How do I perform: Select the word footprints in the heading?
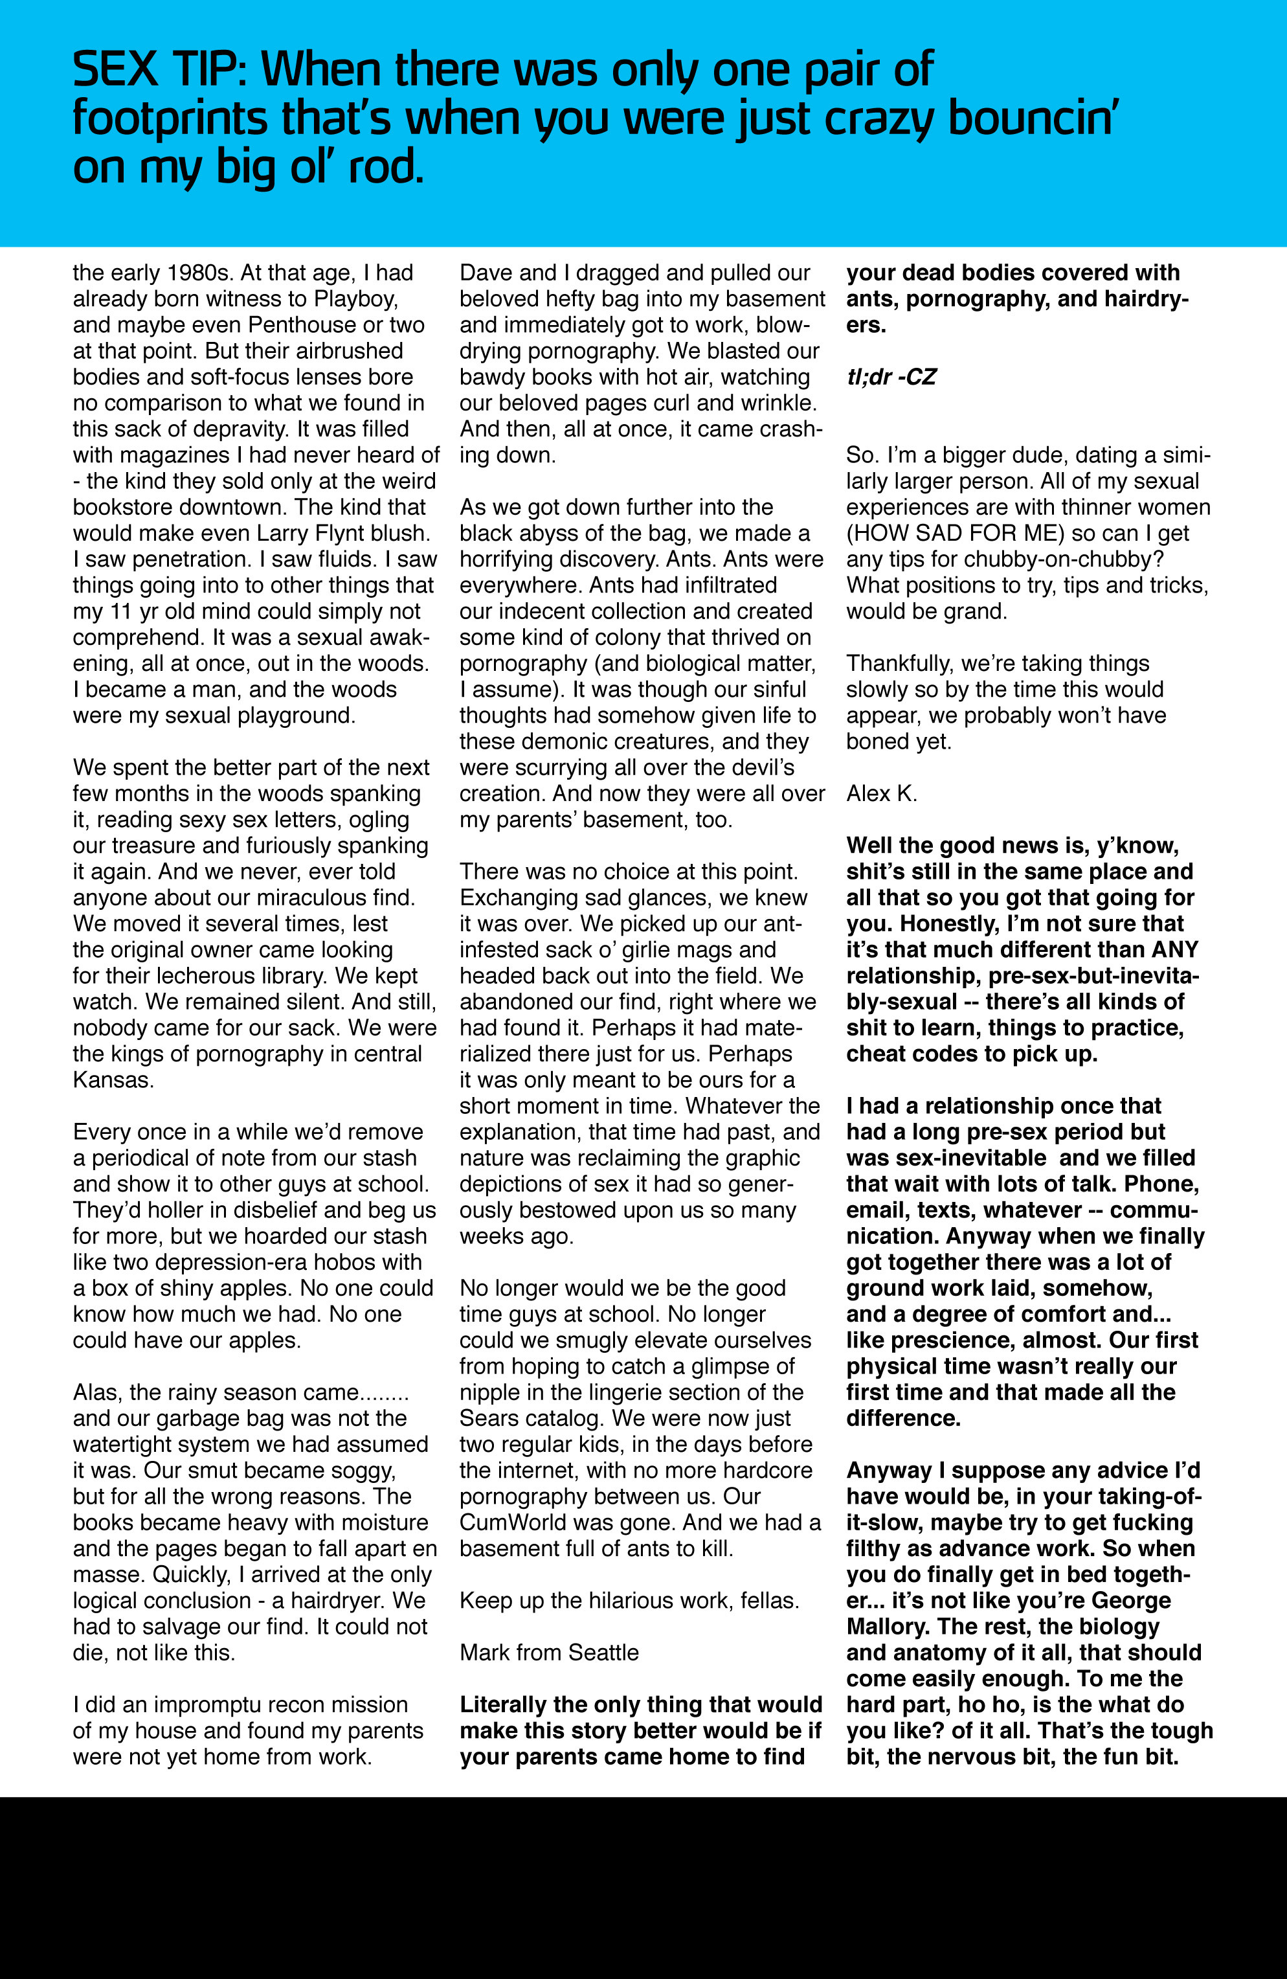(170, 120)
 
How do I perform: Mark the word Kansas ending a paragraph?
(111, 1080)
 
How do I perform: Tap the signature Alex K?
(881, 794)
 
